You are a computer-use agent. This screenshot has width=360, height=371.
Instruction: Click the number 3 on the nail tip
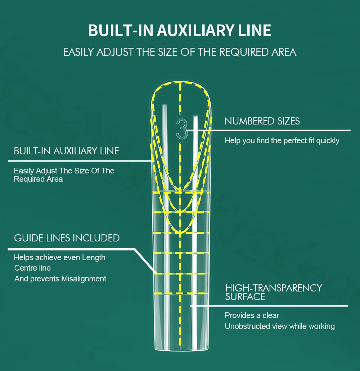(182, 128)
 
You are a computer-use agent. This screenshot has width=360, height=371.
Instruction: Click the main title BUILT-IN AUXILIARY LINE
(180, 31)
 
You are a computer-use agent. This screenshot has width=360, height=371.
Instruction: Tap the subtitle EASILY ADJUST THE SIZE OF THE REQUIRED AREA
(180, 52)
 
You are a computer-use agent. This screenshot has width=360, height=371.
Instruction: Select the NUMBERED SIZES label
(262, 121)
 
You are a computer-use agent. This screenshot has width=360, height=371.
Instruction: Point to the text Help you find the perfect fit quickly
(282, 141)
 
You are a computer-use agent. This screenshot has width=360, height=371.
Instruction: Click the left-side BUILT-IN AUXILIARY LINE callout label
(66, 151)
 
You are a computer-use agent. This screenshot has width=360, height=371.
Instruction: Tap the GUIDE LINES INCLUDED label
(67, 238)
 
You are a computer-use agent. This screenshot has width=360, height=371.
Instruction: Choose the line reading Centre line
(32, 268)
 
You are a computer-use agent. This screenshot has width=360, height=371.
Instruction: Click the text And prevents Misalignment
(60, 279)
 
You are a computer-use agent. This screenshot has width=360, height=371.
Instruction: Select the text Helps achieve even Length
(59, 258)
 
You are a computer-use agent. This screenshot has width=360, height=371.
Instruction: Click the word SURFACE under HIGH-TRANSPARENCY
(245, 297)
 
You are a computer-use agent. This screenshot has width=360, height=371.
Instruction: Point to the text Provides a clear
(252, 316)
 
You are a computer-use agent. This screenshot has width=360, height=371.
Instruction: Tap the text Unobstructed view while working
(280, 326)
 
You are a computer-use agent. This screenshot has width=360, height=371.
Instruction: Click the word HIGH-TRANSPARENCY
(274, 288)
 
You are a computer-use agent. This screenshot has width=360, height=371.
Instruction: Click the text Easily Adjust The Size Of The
(64, 171)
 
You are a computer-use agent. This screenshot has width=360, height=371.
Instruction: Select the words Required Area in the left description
(38, 179)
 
